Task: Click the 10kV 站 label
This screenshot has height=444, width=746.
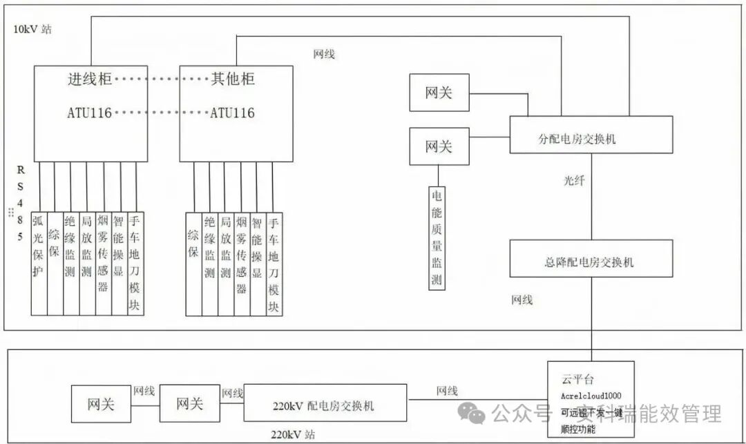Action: [x=32, y=30]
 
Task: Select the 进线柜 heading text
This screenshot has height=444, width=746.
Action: [x=89, y=79]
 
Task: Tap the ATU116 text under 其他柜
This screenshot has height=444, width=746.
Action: [x=232, y=113]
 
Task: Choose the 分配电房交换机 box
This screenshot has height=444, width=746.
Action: [x=591, y=134]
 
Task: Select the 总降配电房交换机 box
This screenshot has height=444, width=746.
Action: [x=591, y=258]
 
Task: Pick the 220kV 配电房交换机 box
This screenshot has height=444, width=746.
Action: [x=325, y=404]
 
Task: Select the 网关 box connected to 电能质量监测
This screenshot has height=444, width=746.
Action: [x=439, y=146]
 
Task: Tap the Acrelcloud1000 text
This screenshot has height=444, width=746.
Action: [x=591, y=396]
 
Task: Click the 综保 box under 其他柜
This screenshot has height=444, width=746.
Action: [x=193, y=262]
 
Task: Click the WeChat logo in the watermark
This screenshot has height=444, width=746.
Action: [x=476, y=414]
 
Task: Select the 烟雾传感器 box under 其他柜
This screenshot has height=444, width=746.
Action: [x=242, y=262]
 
